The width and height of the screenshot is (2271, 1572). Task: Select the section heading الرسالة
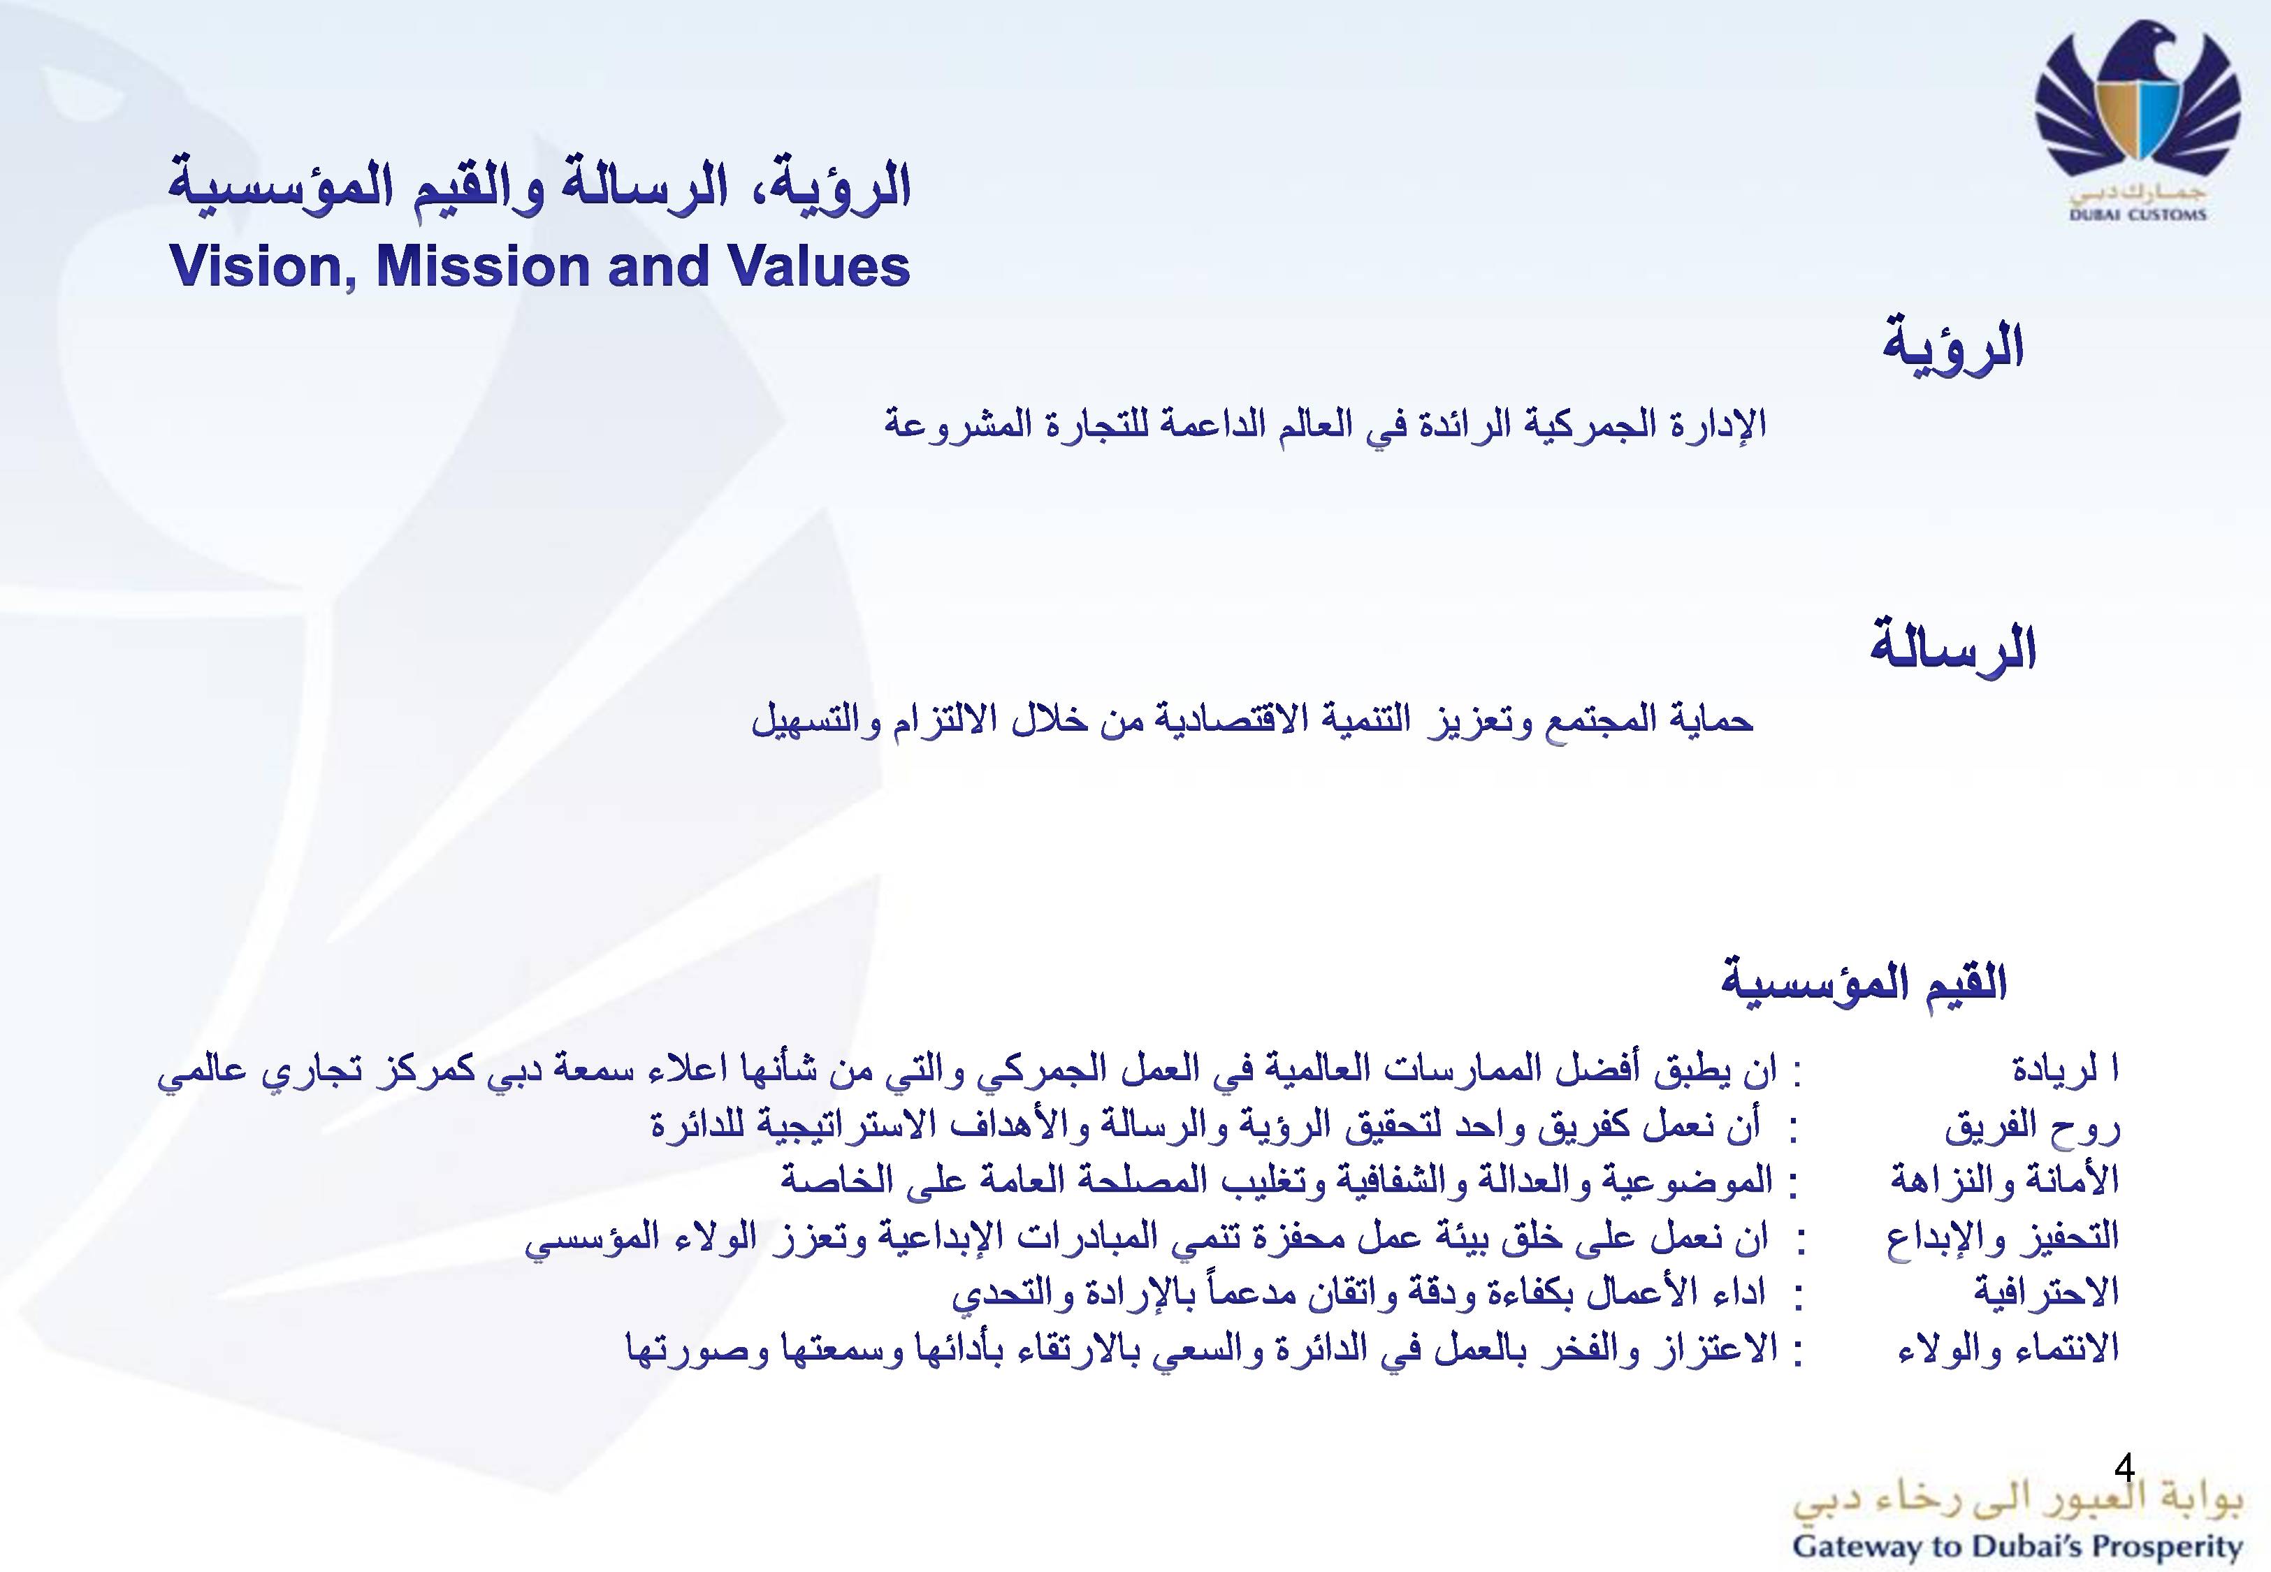(x=1953, y=648)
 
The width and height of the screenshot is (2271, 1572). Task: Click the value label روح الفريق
(x=2033, y=1126)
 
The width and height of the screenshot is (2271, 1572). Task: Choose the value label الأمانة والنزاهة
(x=2004, y=1179)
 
